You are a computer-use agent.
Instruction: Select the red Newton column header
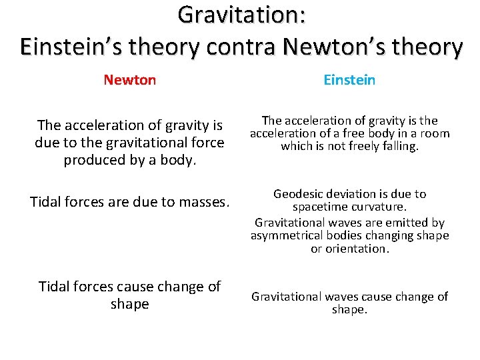pyautogui.click(x=130, y=80)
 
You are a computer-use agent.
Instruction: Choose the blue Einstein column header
pyautogui.click(x=349, y=80)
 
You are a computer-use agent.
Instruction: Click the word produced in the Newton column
pyautogui.click(x=93, y=160)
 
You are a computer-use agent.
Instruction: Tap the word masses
pyautogui.click(x=200, y=201)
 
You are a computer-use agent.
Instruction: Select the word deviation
pyautogui.click(x=352, y=194)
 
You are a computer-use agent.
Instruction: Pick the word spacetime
pyautogui.click(x=321, y=208)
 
